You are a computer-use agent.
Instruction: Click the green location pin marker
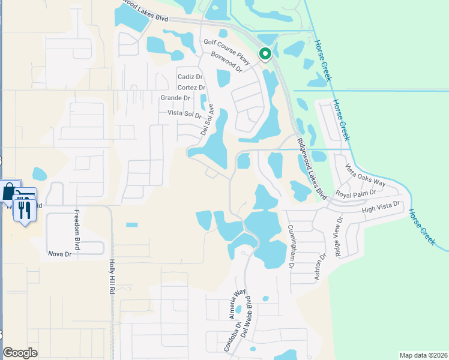(265, 54)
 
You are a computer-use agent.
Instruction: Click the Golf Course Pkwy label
(226, 43)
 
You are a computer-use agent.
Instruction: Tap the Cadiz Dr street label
(190, 77)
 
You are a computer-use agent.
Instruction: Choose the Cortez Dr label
(191, 88)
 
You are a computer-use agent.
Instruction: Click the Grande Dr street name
(175, 98)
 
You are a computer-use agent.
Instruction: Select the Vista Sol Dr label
(180, 114)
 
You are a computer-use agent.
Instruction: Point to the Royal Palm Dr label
(355, 193)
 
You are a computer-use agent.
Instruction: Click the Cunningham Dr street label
(291, 247)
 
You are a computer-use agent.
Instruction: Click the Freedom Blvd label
(76, 223)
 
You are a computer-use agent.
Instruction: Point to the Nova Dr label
(59, 254)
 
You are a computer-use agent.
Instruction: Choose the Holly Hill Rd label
(112, 277)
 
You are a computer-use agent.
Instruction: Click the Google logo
(20, 353)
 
